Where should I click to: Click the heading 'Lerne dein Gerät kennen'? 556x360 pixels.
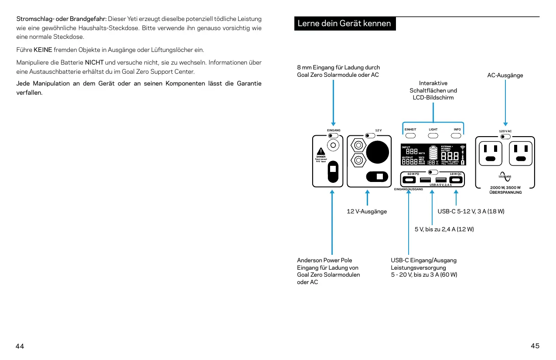coord(345,23)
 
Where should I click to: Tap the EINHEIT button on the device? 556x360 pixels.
coord(410,135)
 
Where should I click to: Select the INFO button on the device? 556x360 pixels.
coord(457,135)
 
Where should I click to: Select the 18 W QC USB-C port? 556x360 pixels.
coord(456,180)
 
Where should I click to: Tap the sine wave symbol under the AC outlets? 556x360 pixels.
coord(505,176)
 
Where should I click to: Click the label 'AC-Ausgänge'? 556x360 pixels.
coord(505,75)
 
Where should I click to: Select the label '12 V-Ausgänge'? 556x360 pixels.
coord(367,212)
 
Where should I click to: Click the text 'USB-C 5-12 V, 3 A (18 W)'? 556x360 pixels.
coord(471,212)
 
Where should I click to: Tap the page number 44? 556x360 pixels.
coord(20,346)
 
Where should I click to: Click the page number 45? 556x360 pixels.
coord(535,346)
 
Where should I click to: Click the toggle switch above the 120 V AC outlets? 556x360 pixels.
coord(506,137)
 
